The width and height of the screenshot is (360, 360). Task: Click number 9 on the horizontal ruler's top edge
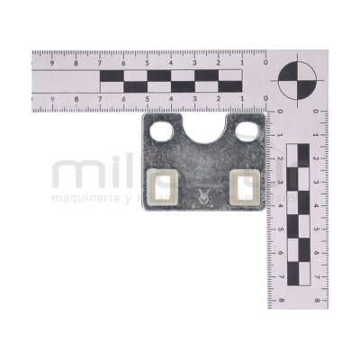(x=53, y=64)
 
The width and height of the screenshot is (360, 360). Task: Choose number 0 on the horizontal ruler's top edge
(x=265, y=64)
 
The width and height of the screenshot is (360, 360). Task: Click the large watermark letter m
(x=74, y=174)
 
